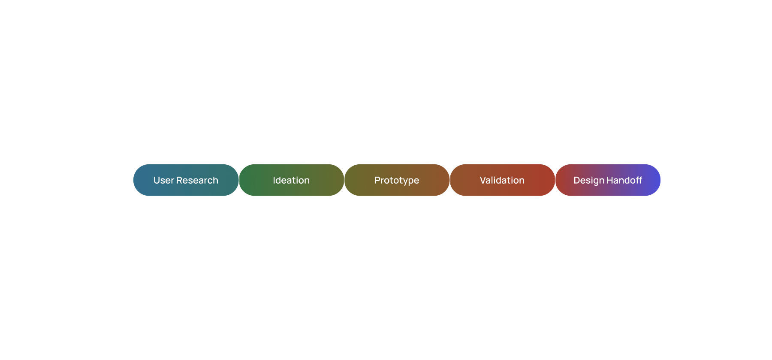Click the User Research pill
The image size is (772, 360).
186,180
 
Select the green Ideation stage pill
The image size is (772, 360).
291,180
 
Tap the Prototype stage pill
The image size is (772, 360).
397,180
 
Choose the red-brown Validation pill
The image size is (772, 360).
502,180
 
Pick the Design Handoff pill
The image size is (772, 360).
608,180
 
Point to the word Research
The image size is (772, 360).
198,180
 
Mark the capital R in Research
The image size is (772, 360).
180,180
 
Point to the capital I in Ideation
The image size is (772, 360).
274,180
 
